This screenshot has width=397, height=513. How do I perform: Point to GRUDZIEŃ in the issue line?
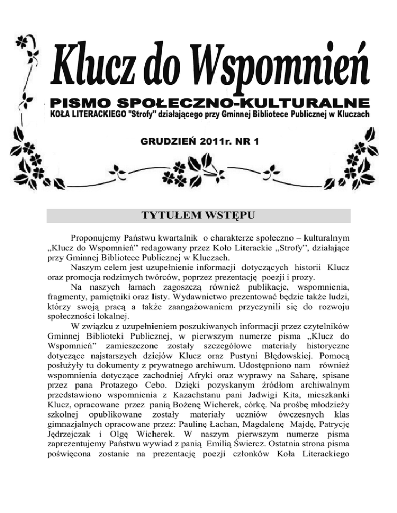[165, 140]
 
